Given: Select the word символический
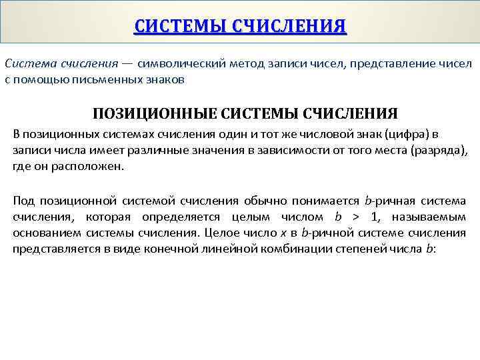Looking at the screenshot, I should (179, 64).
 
